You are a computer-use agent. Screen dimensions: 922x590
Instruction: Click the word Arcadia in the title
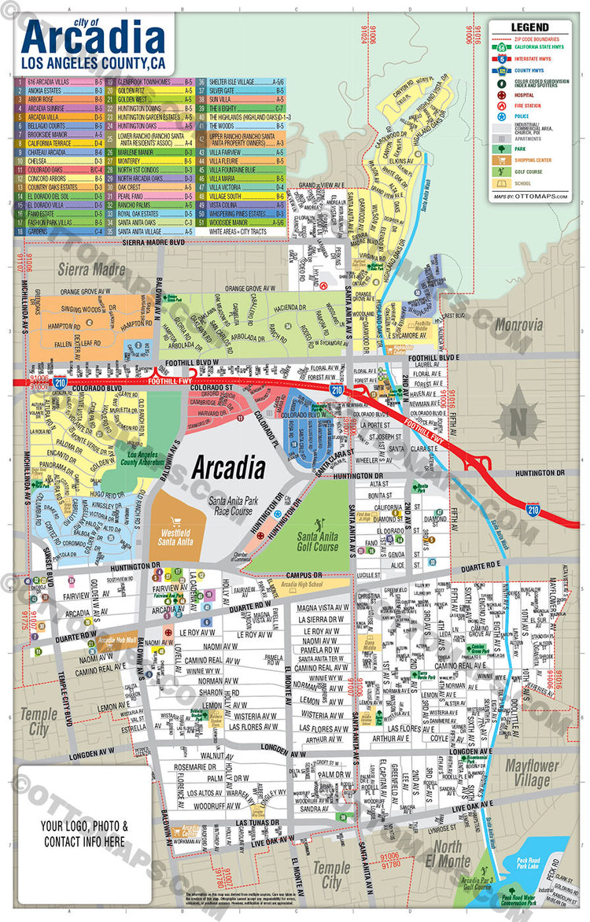point(94,39)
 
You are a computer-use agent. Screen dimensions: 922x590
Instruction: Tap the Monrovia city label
point(519,324)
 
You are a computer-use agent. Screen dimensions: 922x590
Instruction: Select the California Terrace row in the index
point(58,144)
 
